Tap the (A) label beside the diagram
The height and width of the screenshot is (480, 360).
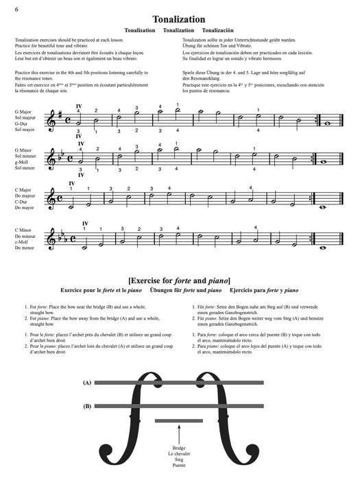(87, 382)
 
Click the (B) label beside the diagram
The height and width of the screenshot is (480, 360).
(87, 406)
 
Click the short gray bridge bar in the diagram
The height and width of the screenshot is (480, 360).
(179, 420)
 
